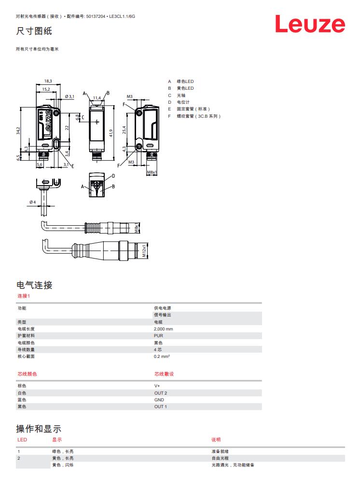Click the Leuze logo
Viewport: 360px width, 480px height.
[x=310, y=25]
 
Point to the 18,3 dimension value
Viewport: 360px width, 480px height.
[x=48, y=81]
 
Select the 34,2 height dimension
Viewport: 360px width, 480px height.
[x=18, y=131]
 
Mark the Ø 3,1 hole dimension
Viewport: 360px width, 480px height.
[x=69, y=96]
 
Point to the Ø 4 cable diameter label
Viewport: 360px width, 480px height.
[x=32, y=202]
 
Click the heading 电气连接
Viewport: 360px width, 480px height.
[x=34, y=285]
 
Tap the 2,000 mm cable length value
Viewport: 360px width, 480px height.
[x=163, y=329]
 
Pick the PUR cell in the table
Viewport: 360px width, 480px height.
[x=158, y=336]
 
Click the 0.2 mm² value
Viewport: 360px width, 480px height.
[x=162, y=357]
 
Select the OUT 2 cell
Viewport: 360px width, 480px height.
[x=160, y=393]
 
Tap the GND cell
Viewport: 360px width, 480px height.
[x=159, y=400]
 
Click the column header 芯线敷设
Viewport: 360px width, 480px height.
[x=164, y=374]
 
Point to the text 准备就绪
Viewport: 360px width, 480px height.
[x=219, y=452]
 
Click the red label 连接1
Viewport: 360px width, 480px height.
[x=24, y=296]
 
